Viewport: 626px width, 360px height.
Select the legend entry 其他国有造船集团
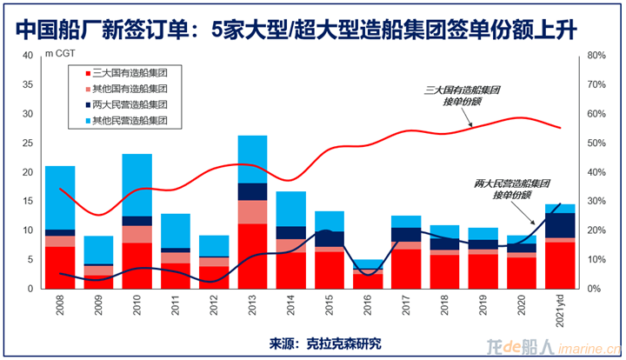130,89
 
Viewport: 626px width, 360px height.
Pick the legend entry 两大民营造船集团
130,104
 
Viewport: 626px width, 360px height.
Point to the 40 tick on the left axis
27,56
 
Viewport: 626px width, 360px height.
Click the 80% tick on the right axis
596,56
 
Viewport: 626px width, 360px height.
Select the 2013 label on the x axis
253,307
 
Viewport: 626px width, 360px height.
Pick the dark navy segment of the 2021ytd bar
561,225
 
